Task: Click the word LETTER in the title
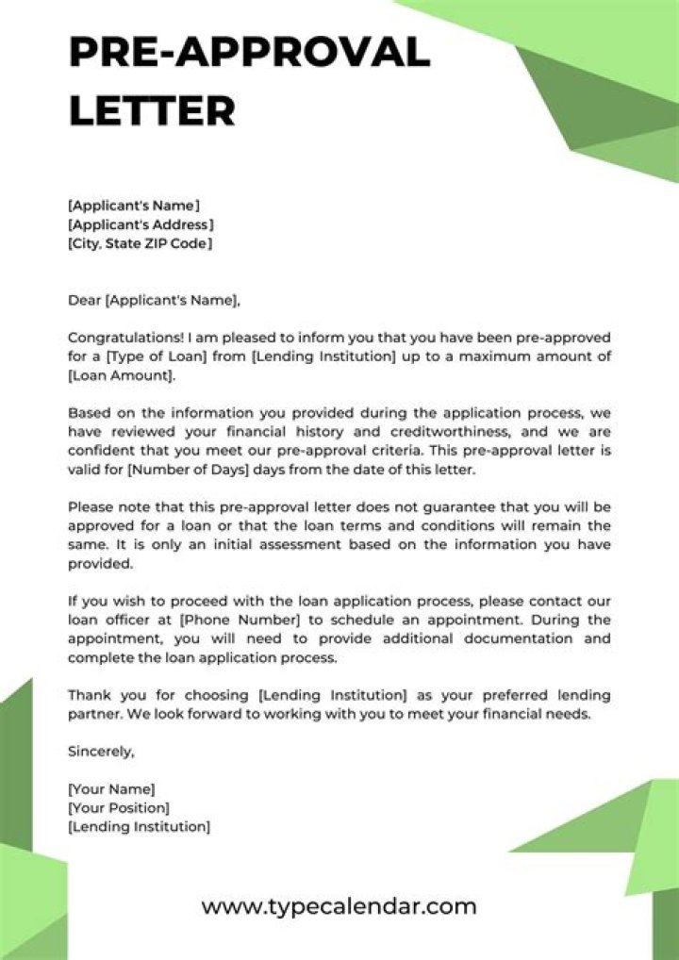tap(152, 110)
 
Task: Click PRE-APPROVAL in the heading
tap(249, 52)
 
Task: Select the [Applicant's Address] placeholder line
tap(141, 224)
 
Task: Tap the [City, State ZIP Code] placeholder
tap(140, 243)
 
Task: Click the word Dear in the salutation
tap(83, 301)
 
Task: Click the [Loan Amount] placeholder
tap(121, 374)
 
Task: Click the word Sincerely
tap(101, 752)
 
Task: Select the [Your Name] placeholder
tap(111, 789)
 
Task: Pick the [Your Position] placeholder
tap(119, 808)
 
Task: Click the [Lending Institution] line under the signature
tap(139, 826)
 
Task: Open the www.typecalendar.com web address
tap(339, 907)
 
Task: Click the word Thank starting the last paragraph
tap(88, 695)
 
